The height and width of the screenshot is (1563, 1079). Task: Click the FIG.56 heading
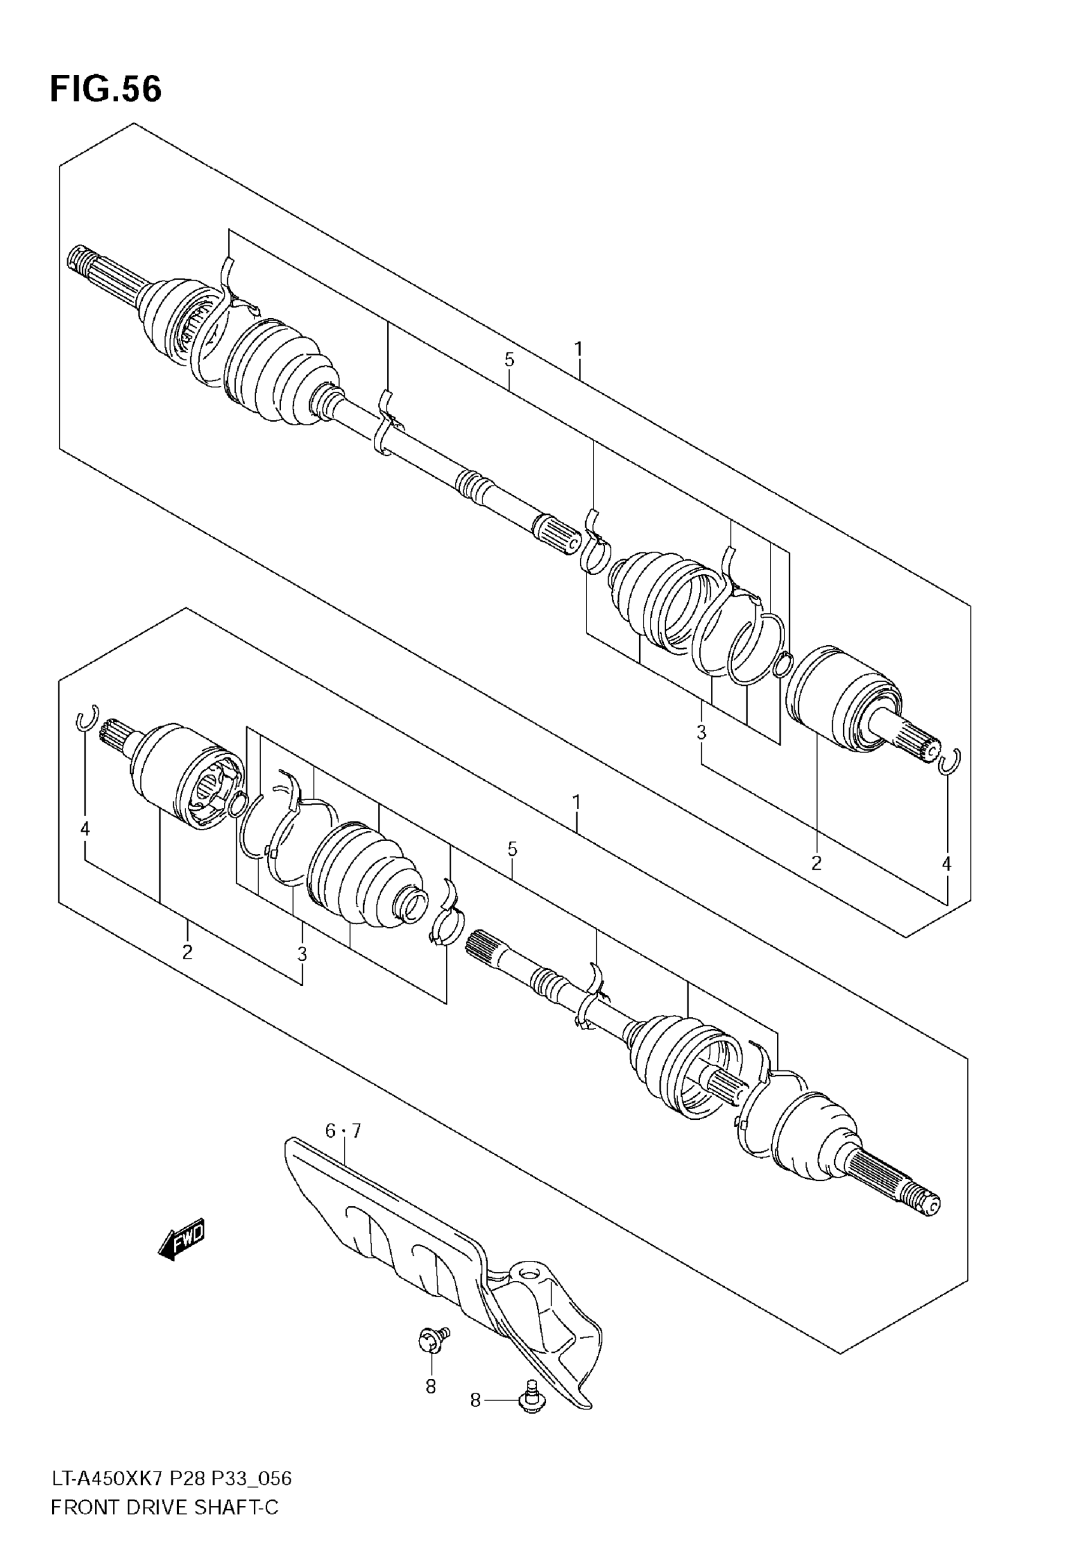pos(106,90)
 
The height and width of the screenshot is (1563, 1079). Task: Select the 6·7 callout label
pos(343,1130)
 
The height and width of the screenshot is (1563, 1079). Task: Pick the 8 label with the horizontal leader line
pos(475,1400)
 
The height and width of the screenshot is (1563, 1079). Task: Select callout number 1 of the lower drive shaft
pos(577,802)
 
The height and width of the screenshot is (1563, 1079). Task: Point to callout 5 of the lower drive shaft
pos(512,849)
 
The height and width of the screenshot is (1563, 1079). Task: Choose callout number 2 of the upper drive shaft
pos(817,863)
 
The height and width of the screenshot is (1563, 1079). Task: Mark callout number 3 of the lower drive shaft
pos(302,955)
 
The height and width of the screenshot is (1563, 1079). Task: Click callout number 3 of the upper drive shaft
pos(701,731)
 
